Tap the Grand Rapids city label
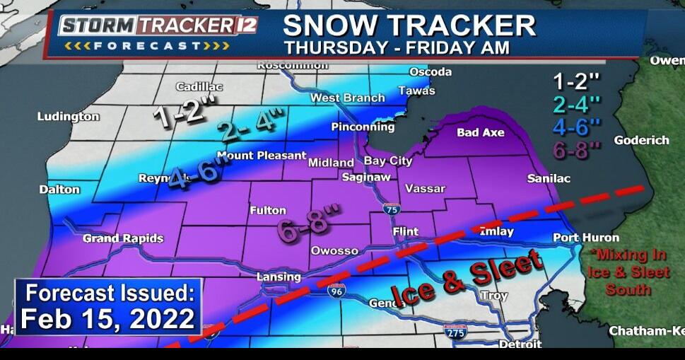coord(122,238)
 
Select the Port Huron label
coord(585,238)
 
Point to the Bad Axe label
coord(480,132)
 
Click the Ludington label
coord(68,116)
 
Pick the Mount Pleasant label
coord(262,156)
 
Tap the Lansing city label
coord(278,277)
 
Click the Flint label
coord(405,231)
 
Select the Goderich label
coord(641,140)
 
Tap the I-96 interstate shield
coord(336,291)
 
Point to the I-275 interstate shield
coord(455,330)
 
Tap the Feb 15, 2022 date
coord(107,318)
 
